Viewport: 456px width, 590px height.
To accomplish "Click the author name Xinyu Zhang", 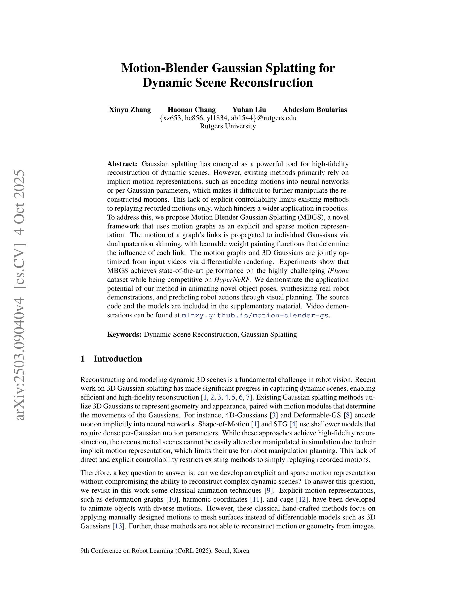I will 130,110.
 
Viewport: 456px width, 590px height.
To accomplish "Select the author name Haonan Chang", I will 191,110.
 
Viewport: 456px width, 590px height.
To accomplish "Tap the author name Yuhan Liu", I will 249,110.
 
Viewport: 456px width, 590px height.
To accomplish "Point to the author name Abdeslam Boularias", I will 315,110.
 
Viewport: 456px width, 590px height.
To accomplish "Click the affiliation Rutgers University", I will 228,126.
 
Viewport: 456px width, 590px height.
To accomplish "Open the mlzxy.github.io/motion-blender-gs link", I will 255,315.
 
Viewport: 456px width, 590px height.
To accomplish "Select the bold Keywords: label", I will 124,334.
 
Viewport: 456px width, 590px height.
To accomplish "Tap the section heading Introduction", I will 118,359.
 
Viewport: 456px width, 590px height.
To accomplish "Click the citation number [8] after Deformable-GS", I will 347,415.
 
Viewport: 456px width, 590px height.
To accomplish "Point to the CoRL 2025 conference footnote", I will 165,551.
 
